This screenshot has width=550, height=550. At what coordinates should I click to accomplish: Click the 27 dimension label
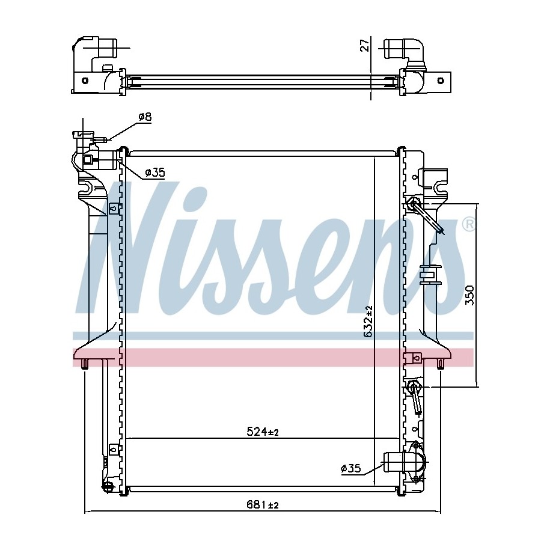pyautogui.click(x=365, y=46)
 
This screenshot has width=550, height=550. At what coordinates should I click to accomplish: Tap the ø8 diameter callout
pyautogui.click(x=145, y=117)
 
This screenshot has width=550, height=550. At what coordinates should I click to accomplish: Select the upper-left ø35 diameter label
pyautogui.click(x=154, y=173)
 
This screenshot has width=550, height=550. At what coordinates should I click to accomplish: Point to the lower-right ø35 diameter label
pyautogui.click(x=351, y=468)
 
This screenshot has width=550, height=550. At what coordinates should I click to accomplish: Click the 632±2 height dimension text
pyautogui.click(x=368, y=322)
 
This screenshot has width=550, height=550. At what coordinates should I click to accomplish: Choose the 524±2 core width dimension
pyautogui.click(x=262, y=432)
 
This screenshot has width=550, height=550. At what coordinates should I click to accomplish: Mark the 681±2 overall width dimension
pyautogui.click(x=262, y=505)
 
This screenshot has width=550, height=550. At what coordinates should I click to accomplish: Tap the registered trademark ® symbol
pyautogui.click(x=468, y=224)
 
